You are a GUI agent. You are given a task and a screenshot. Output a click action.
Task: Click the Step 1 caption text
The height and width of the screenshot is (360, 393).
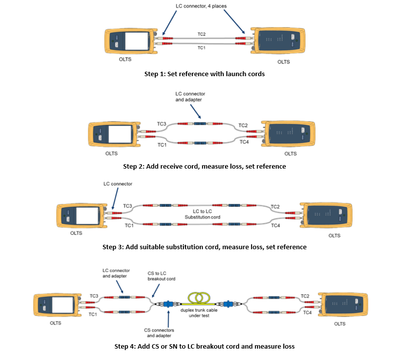(197, 74)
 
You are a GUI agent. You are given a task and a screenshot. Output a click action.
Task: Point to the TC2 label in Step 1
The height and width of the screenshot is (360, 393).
(201, 34)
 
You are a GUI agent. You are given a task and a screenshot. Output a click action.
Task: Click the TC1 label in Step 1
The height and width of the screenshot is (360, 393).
(201, 48)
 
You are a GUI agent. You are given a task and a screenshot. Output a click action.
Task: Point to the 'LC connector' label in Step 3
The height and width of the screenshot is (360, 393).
(117, 184)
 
